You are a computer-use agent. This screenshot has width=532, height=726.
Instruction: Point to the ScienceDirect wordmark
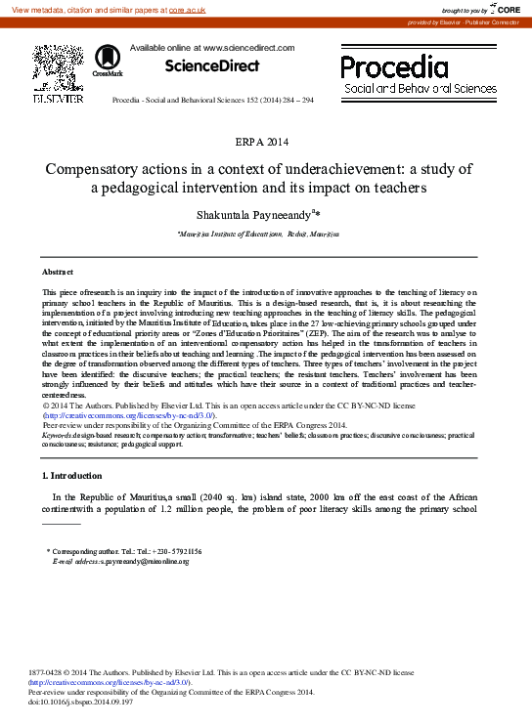(x=212, y=66)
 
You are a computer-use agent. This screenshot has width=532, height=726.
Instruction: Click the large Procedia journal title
(x=394, y=66)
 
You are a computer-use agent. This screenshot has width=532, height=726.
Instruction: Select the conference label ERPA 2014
(x=265, y=143)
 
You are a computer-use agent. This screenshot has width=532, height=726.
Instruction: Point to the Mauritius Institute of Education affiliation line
(x=258, y=235)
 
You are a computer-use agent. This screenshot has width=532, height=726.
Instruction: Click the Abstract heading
(x=59, y=271)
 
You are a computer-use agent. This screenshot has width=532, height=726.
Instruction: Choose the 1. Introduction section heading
(x=72, y=476)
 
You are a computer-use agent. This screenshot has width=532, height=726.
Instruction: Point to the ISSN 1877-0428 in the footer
(x=50, y=674)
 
